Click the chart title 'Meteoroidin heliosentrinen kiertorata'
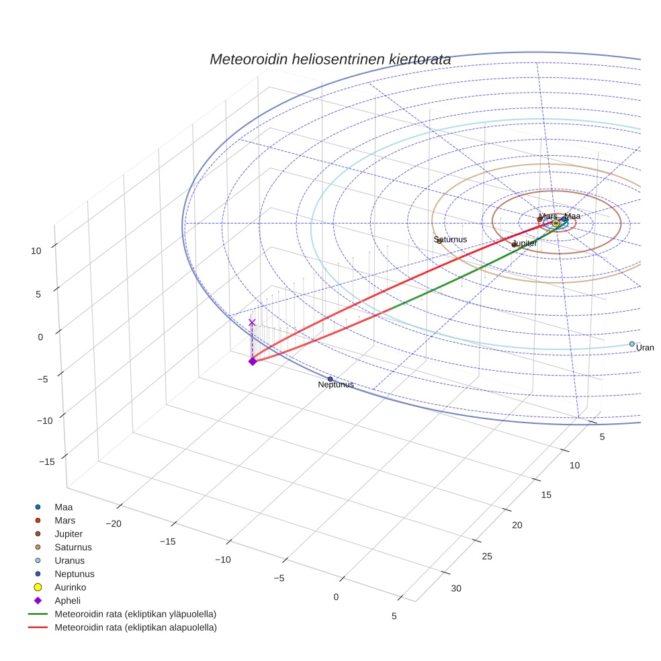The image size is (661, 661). pos(330,59)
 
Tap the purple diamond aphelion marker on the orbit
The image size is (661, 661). pos(253,361)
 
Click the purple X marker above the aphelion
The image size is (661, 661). pos(252,322)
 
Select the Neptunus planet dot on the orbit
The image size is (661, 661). pos(330,379)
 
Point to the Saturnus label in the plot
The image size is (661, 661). pos(450,239)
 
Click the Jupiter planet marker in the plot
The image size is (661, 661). pos(514,245)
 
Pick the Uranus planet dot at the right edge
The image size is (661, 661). pos(631,344)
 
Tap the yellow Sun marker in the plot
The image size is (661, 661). pos(556,223)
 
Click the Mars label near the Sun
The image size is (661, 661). pos(548,216)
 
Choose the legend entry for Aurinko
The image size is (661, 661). pos(70,587)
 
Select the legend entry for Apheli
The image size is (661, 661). pos(67,601)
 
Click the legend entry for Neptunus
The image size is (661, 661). pos(74,574)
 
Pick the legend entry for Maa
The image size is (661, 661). pos(63,506)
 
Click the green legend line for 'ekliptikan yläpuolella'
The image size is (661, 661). pos(38,614)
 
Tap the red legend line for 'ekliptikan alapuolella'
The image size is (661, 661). pos(38,627)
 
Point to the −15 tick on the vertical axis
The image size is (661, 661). pos(46,461)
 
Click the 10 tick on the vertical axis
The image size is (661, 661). pos(36,251)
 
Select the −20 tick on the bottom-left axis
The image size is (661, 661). pos(113,523)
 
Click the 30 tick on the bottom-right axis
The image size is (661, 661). pos(456,588)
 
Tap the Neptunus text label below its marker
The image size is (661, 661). pos(335,385)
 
